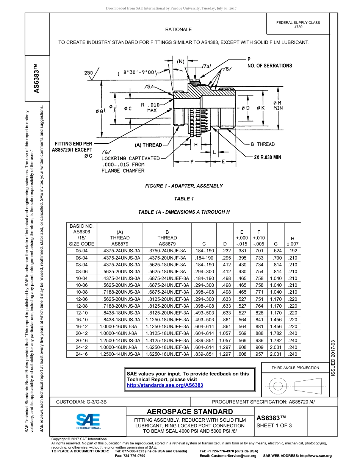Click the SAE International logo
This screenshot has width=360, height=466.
88,421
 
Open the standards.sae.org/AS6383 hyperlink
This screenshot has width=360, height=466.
165,385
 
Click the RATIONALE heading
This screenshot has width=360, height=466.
178,30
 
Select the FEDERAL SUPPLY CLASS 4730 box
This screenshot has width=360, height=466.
298,25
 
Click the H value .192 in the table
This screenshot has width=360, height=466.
292,251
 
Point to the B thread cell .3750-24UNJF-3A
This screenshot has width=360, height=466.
167,251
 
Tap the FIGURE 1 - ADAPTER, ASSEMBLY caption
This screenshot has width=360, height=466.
184,186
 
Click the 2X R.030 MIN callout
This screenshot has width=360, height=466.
267,157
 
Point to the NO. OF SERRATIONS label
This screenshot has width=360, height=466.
269,66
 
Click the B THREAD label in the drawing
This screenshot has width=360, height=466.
263,144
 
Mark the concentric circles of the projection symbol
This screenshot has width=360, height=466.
278,386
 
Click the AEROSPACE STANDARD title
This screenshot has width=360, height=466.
190,412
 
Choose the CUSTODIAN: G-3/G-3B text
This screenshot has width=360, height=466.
84,402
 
